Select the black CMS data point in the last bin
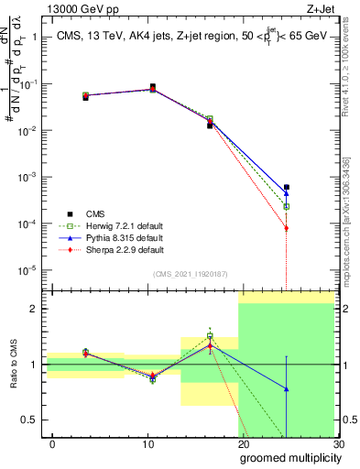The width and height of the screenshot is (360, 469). (287, 187)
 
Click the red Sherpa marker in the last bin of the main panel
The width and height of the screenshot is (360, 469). (287, 228)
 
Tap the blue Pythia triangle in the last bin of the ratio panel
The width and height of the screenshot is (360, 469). (287, 389)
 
